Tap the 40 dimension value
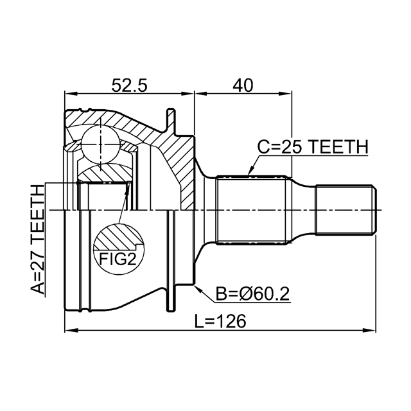click(x=243, y=85)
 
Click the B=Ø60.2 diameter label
click(x=252, y=294)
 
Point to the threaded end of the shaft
click(x=345, y=209)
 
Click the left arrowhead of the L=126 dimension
click(x=69, y=331)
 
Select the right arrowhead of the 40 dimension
click(x=288, y=94)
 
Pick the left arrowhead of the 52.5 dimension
click(x=67, y=94)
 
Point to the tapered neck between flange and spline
click(x=207, y=209)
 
